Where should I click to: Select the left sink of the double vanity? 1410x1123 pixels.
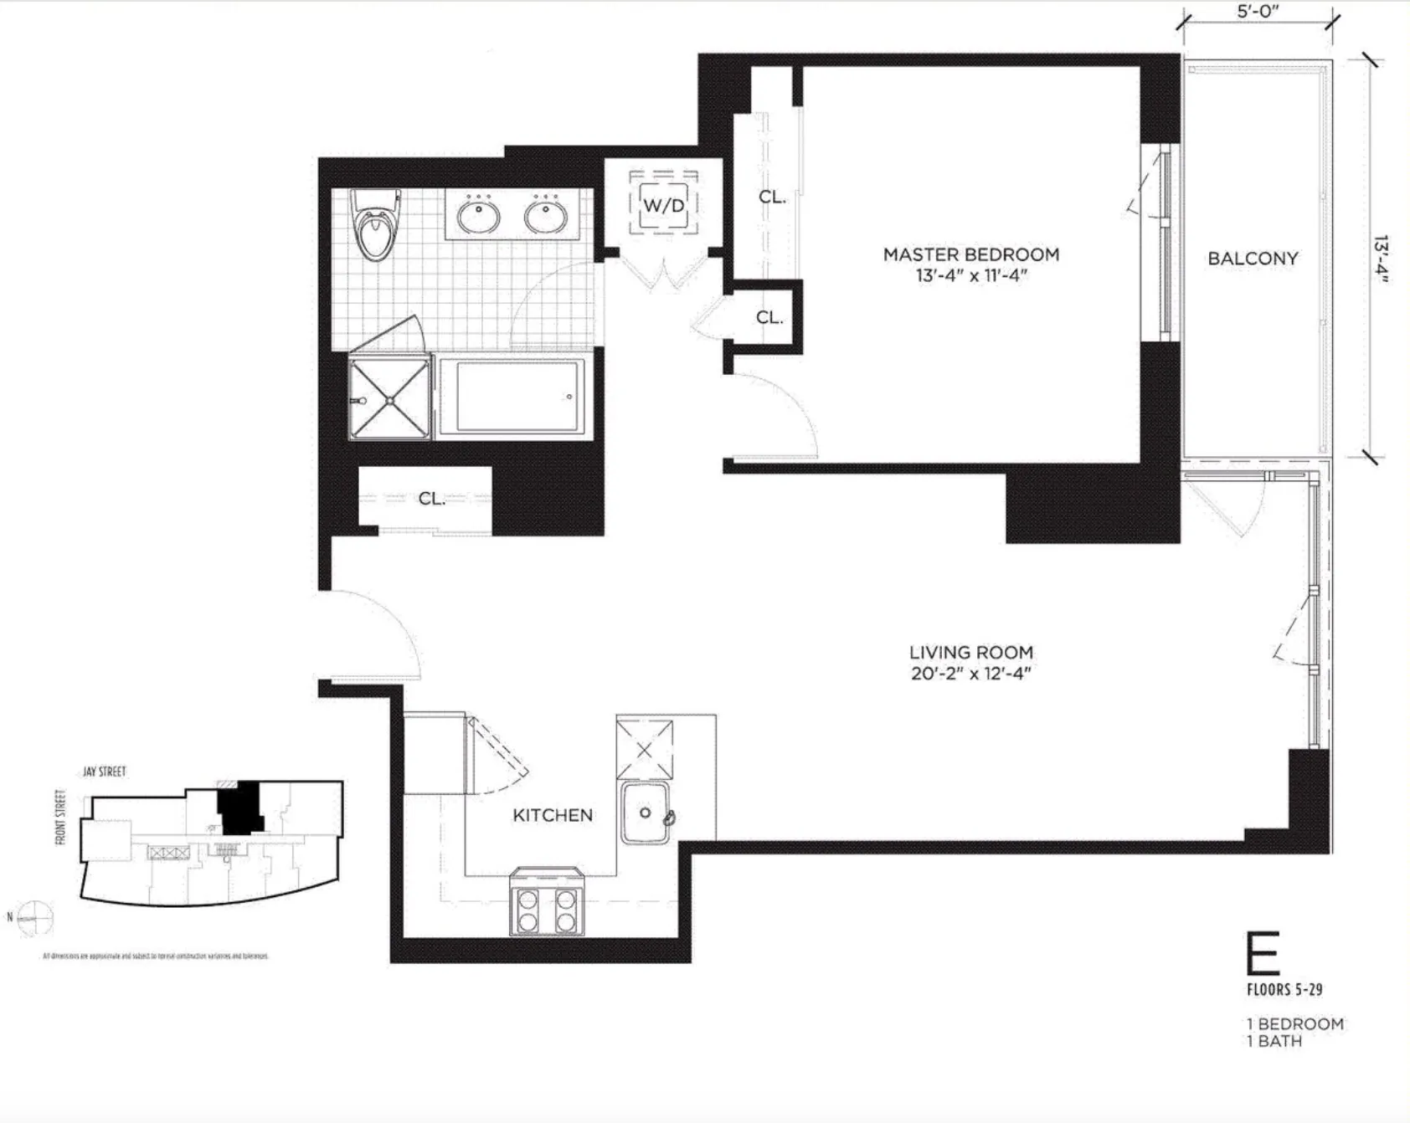pos(479,217)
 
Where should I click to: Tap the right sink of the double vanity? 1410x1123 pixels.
pos(547,217)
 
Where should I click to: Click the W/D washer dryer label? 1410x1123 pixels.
pos(664,205)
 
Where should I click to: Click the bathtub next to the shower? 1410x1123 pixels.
pos(512,397)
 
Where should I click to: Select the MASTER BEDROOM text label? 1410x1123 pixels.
pos(970,254)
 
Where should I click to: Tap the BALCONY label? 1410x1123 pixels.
pos(1252,259)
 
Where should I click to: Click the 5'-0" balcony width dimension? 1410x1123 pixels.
pos(1258,12)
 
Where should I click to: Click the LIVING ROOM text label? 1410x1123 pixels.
pos(970,652)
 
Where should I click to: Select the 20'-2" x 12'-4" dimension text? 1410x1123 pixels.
pos(970,674)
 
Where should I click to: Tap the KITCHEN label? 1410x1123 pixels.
pos(553,815)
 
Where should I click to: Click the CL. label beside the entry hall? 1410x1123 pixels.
pos(431,499)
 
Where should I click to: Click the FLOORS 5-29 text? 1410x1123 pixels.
pos(1284,990)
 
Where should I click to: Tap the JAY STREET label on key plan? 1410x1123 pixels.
pos(104,772)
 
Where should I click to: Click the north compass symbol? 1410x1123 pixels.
pos(34,918)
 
